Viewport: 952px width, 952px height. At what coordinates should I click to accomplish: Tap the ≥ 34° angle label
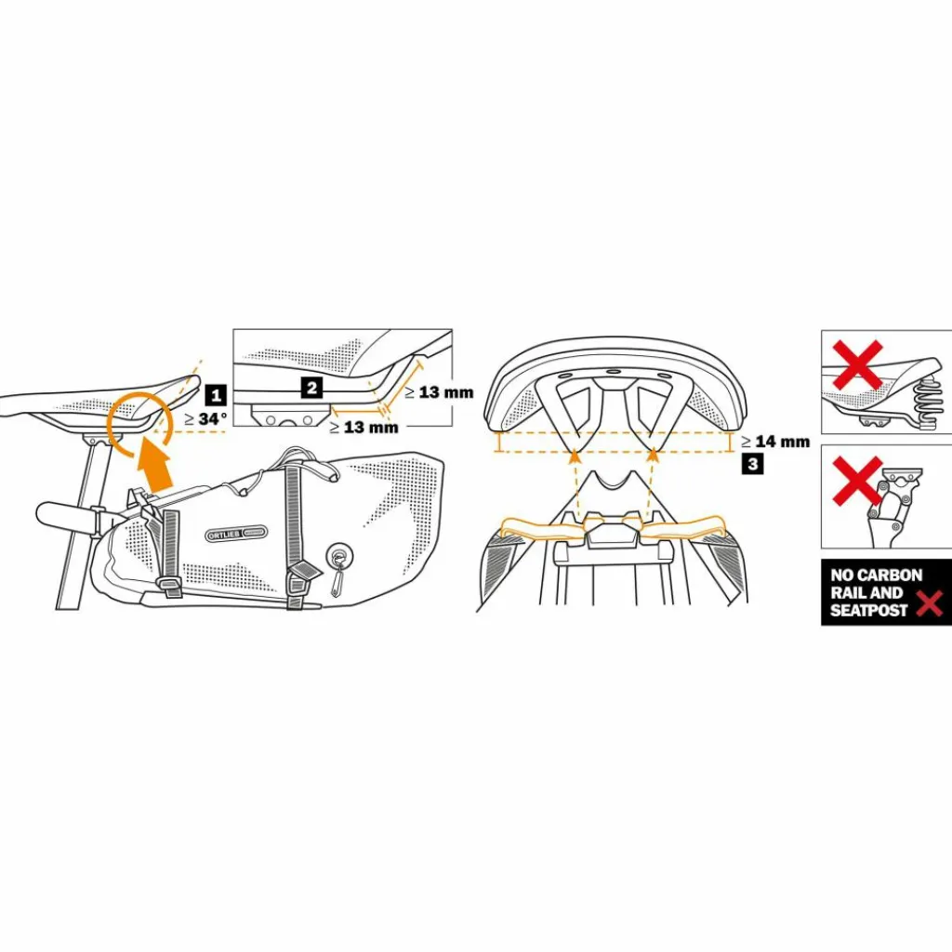click(x=205, y=419)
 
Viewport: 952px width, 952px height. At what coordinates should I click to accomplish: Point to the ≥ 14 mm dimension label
click(x=775, y=442)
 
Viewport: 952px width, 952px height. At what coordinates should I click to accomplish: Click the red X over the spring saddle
click(x=857, y=364)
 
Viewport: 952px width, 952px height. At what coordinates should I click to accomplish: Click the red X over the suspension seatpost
click(x=857, y=482)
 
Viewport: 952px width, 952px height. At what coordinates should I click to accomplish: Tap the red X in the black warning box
click(x=928, y=605)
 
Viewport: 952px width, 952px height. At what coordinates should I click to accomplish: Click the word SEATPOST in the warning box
click(x=869, y=611)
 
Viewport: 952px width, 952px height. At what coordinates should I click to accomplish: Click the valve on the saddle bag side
click(x=336, y=557)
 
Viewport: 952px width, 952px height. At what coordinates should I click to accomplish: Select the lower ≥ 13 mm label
click(x=364, y=428)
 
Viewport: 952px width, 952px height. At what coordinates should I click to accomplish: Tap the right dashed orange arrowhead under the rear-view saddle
click(x=654, y=456)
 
